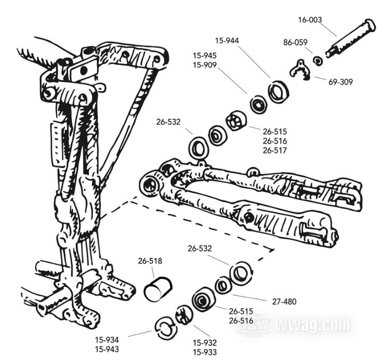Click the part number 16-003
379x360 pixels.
[310, 20]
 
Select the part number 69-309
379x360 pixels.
[340, 82]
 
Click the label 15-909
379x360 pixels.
[205, 65]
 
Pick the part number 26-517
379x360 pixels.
[275, 150]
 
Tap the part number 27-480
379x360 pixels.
[284, 301]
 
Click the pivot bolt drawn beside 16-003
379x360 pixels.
[348, 39]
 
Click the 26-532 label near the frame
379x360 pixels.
[169, 122]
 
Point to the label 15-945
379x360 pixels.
[205, 56]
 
